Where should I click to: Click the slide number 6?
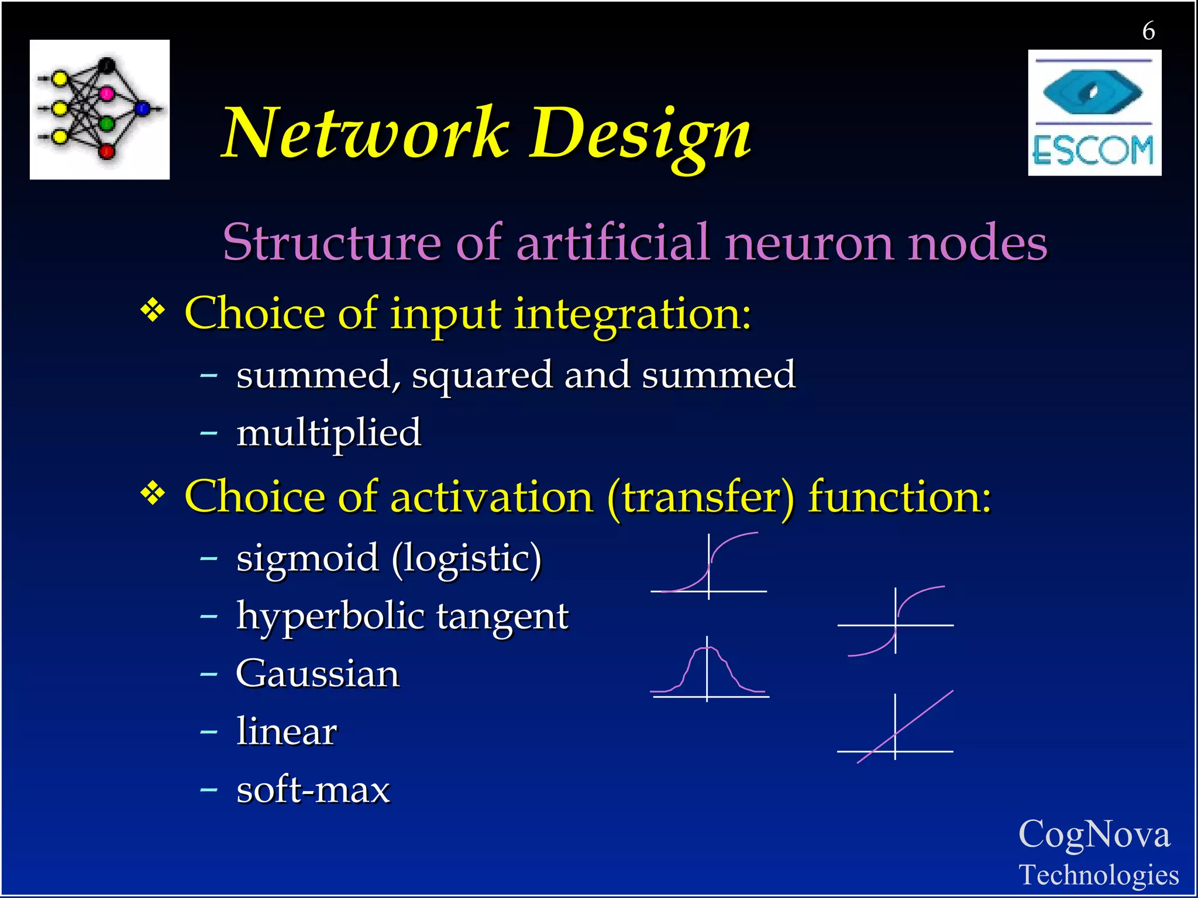1148,30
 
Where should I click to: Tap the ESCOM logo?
1094,113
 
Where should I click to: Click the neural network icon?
99,109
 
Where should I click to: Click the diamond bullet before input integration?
153,310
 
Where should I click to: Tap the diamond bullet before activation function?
153,494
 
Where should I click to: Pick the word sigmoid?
308,558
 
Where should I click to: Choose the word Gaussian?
318,674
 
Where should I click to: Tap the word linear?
287,731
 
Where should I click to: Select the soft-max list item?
313,790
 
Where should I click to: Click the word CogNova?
1094,834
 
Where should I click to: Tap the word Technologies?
1099,875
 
